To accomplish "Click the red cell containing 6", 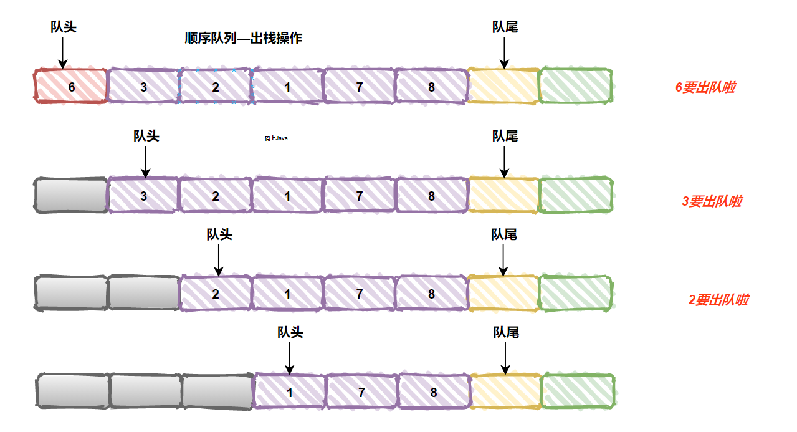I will (71, 87).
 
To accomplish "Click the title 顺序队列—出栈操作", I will (244, 38).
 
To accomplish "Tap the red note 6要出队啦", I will (705, 87).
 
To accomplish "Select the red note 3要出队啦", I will (712, 201).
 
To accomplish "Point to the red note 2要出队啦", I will (718, 300).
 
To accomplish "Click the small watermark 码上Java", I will (275, 138).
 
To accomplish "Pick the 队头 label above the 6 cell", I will (63, 27).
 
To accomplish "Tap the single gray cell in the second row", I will (71, 196).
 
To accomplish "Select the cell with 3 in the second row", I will (144, 196).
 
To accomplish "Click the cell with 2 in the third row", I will (216, 294).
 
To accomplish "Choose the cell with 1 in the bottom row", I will (289, 393).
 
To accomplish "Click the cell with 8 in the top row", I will (431, 87).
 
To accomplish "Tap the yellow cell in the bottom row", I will (505, 391).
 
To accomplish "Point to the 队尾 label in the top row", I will (505, 27).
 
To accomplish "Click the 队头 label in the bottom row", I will (290, 332).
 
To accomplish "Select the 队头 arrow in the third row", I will (218, 259).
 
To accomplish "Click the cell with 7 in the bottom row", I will (361, 393).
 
